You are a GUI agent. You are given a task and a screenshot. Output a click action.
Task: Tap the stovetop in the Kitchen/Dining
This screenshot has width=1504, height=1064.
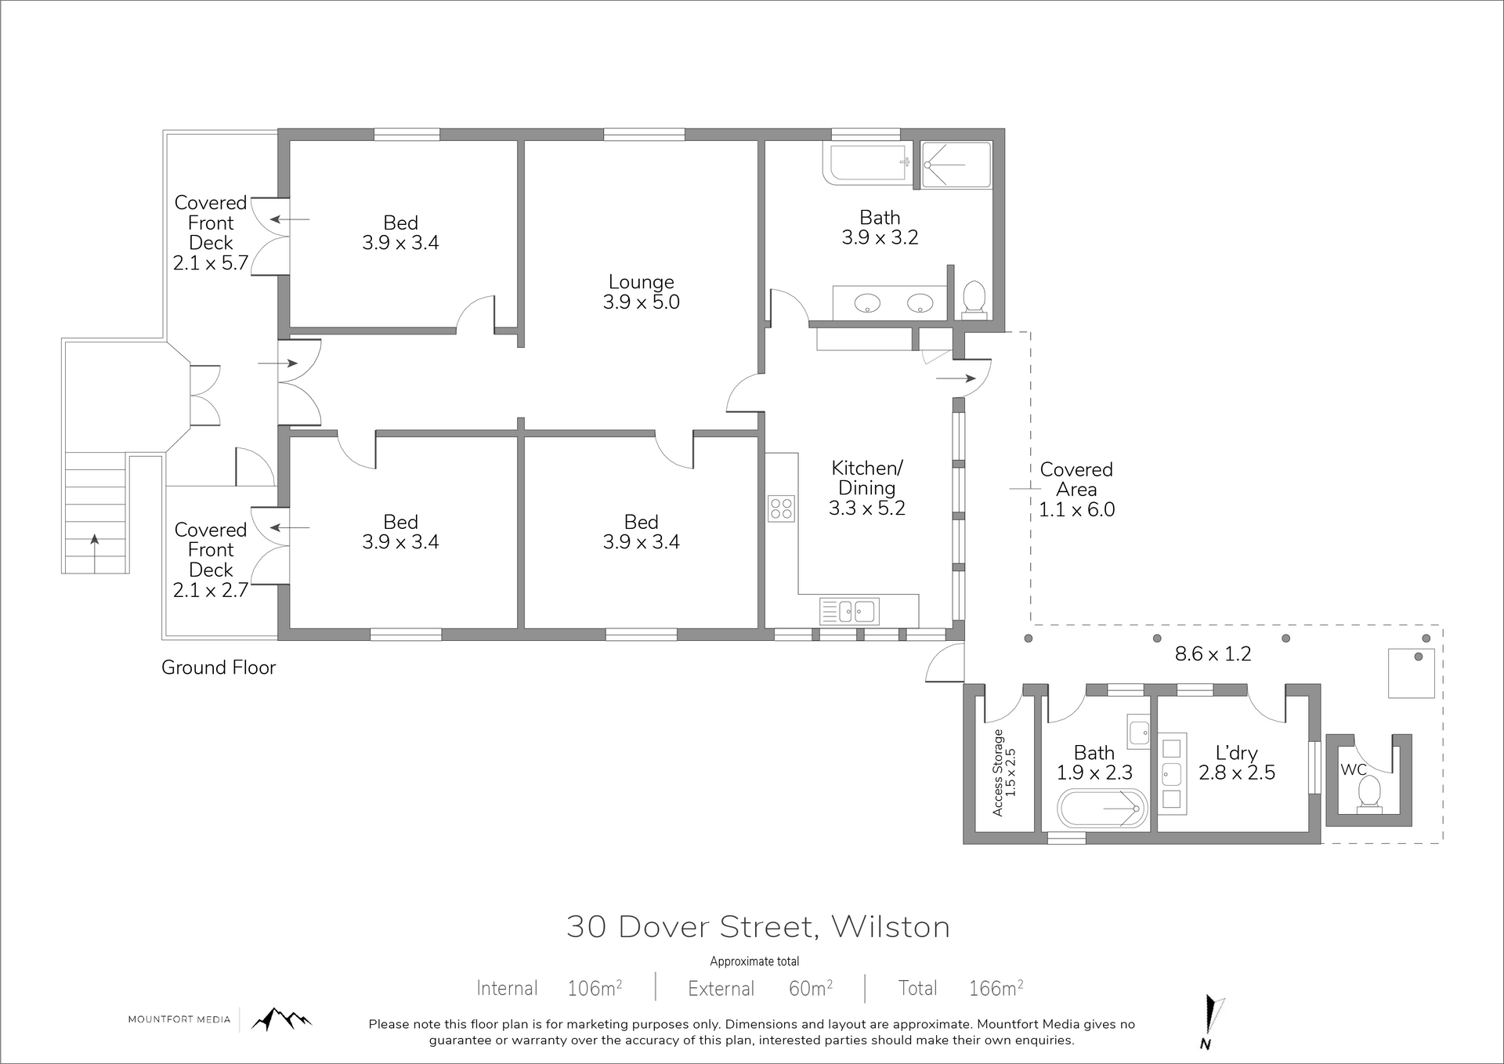pyautogui.click(x=781, y=508)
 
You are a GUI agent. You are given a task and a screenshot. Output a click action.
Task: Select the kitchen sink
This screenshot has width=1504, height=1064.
pyautogui.click(x=849, y=610)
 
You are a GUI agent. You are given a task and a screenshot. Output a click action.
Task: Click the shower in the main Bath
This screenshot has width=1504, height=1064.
pyautogui.click(x=956, y=165)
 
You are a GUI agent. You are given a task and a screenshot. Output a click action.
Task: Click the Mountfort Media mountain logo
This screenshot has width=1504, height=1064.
pyautogui.click(x=280, y=1019)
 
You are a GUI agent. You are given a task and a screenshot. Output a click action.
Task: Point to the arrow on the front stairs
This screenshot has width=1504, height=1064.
pyautogui.click(x=95, y=552)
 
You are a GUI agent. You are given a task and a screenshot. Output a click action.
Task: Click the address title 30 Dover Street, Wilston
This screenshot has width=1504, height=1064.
pyautogui.click(x=758, y=927)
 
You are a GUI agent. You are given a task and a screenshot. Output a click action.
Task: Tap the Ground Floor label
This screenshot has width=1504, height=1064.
pyautogui.click(x=219, y=668)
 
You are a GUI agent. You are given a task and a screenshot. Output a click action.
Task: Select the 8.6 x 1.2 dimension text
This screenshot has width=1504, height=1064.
pyautogui.click(x=1213, y=653)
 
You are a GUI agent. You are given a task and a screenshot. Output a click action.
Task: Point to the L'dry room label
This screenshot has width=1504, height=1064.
pyautogui.click(x=1236, y=753)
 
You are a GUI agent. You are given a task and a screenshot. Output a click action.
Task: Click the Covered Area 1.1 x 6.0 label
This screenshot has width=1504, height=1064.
pyautogui.click(x=1076, y=490)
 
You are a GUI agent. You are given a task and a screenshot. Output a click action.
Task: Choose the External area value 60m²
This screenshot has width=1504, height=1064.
pyautogui.click(x=811, y=988)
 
